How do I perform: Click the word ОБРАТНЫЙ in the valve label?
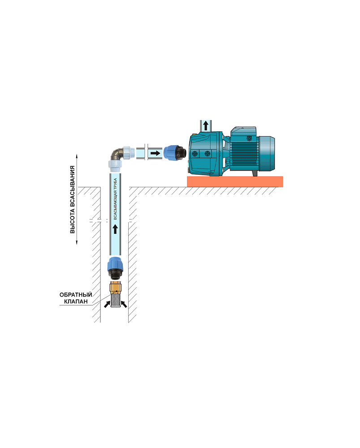click(x=75, y=295)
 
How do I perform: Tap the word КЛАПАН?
click(x=75, y=302)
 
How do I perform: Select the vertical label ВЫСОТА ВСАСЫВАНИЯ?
click(x=72, y=199)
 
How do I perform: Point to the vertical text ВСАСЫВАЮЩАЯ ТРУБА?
click(x=115, y=199)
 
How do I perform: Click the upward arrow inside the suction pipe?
click(x=115, y=229)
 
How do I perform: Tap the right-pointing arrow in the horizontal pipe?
click(x=155, y=153)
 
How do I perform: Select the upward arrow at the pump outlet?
click(x=206, y=125)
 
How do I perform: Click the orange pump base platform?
click(x=235, y=182)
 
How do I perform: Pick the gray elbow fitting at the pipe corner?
click(x=117, y=156)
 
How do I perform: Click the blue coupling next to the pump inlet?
click(x=173, y=153)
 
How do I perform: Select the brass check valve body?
click(x=116, y=288)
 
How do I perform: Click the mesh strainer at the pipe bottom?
click(x=115, y=301)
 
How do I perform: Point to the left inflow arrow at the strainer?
click(x=107, y=304)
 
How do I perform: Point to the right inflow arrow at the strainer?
click(x=124, y=304)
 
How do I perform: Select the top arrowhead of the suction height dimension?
click(x=77, y=156)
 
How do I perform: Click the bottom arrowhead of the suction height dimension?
click(x=77, y=243)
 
